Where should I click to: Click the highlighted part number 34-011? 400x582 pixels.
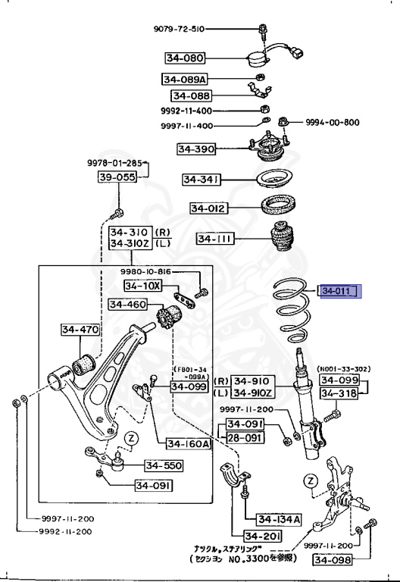coord(339,290)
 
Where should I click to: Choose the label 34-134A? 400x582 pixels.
coord(278,519)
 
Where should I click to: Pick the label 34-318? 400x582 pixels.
coord(339,393)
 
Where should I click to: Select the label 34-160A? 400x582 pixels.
coord(184,444)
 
